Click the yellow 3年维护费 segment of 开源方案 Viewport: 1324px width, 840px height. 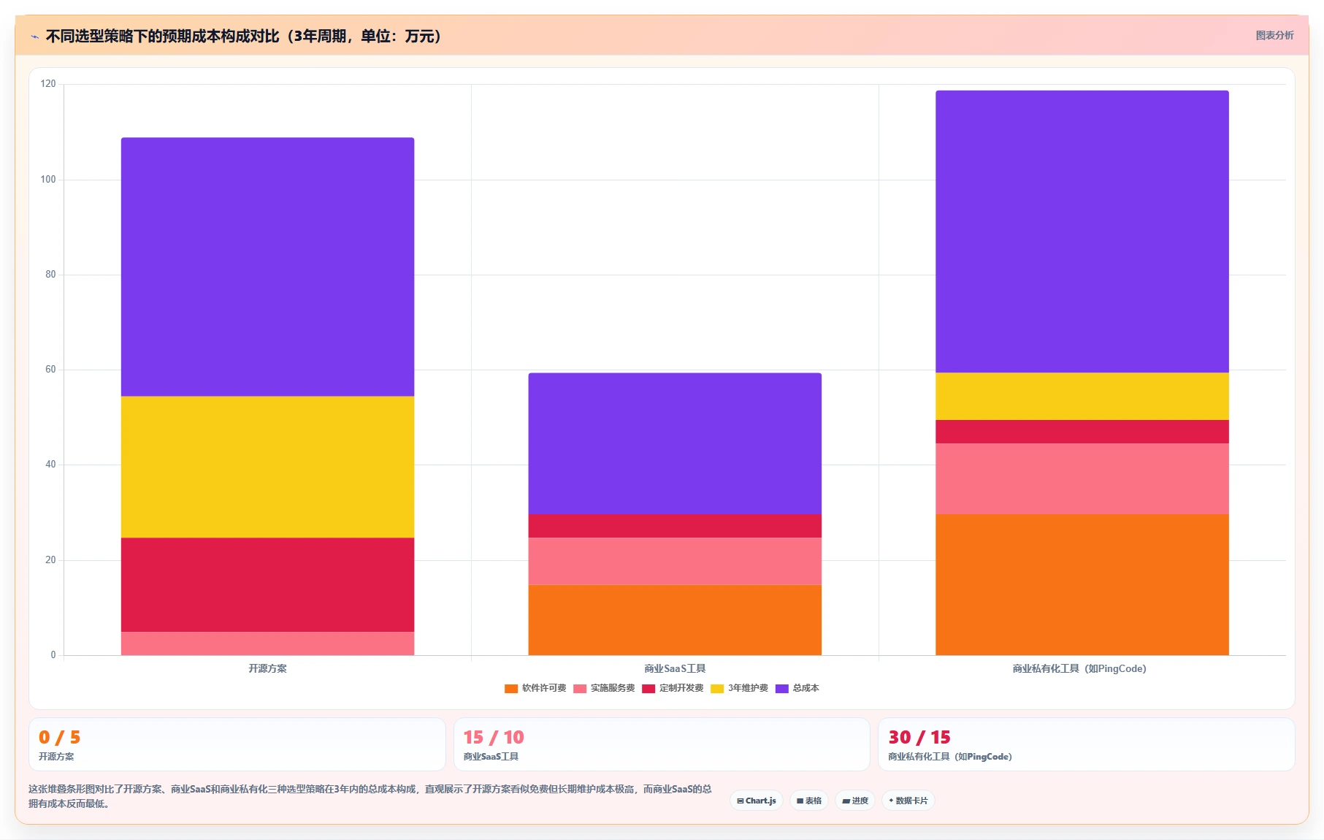(267, 467)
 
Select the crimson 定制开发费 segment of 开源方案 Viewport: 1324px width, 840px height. (267, 584)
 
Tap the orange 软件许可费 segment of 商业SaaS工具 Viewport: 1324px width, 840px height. (675, 620)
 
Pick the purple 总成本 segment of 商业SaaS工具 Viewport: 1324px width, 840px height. (675, 443)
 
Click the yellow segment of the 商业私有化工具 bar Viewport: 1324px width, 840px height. (1082, 397)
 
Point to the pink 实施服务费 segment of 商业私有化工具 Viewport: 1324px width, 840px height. (1082, 479)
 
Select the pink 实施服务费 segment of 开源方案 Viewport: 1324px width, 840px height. (267, 644)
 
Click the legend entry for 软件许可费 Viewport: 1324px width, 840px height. (535, 688)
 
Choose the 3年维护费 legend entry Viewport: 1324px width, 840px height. (739, 688)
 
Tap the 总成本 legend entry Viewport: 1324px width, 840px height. (797, 688)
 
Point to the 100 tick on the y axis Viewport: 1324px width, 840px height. (48, 180)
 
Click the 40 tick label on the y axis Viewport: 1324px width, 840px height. (50, 465)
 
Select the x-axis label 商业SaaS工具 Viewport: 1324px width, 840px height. (675, 668)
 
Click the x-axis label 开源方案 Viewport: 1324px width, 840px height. (267, 668)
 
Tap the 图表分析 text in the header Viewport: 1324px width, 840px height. (1274, 35)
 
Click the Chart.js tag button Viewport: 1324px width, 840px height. (757, 801)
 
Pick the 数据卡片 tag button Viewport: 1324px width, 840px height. (908, 801)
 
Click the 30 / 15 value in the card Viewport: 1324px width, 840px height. (919, 737)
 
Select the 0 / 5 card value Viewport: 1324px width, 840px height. (60, 737)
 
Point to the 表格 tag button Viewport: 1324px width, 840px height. (809, 801)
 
